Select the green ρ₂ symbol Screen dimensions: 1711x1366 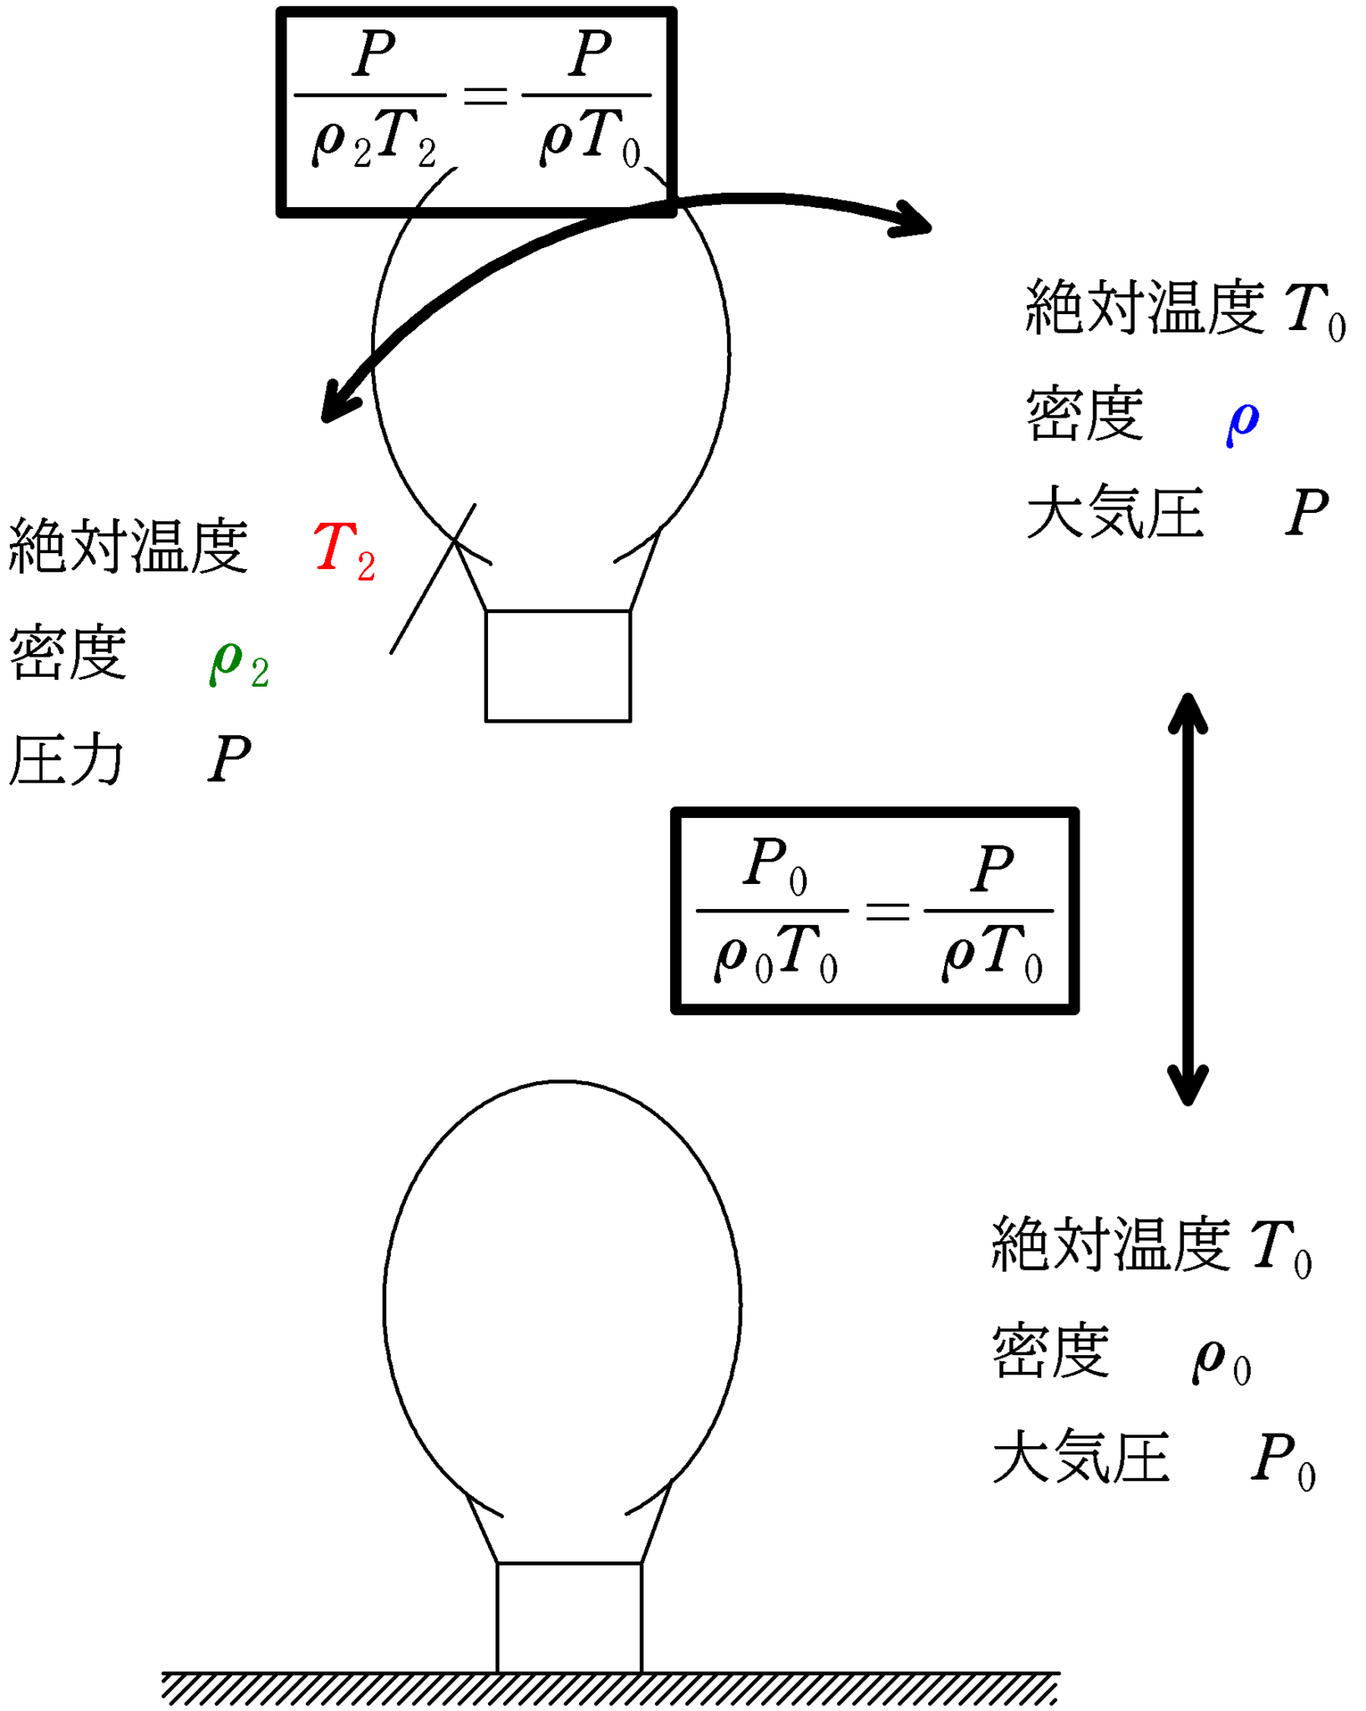(x=239, y=664)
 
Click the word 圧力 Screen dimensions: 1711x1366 (x=65, y=759)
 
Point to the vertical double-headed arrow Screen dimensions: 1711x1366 (x=1187, y=899)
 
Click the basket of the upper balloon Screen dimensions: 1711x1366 (x=558, y=666)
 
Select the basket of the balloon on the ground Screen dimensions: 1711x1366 (x=569, y=1617)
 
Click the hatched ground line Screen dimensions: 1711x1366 (x=610, y=1688)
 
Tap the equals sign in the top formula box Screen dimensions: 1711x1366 (x=485, y=96)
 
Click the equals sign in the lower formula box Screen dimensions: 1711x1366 (x=886, y=911)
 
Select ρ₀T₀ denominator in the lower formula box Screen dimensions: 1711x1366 (x=775, y=954)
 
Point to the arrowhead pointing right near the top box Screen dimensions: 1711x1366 (x=913, y=220)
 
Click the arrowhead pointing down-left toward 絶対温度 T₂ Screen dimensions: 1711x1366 (x=338, y=403)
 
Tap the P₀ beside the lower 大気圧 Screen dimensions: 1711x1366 (x=1282, y=1460)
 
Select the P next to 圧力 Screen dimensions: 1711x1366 (x=229, y=759)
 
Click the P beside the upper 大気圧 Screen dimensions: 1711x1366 (x=1307, y=512)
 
